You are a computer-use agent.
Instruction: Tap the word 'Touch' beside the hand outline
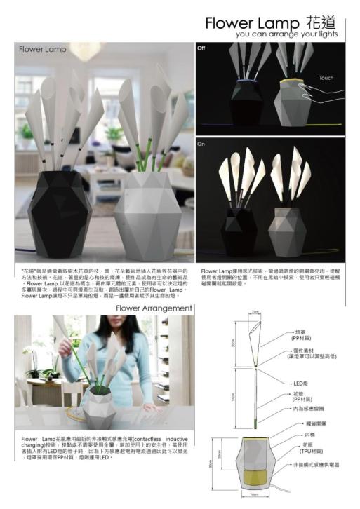point(326,78)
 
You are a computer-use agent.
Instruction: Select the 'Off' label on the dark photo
point(201,48)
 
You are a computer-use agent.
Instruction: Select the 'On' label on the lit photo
point(201,142)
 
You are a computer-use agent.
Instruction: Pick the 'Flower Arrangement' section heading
point(154,308)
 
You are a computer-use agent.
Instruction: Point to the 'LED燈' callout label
point(300,384)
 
